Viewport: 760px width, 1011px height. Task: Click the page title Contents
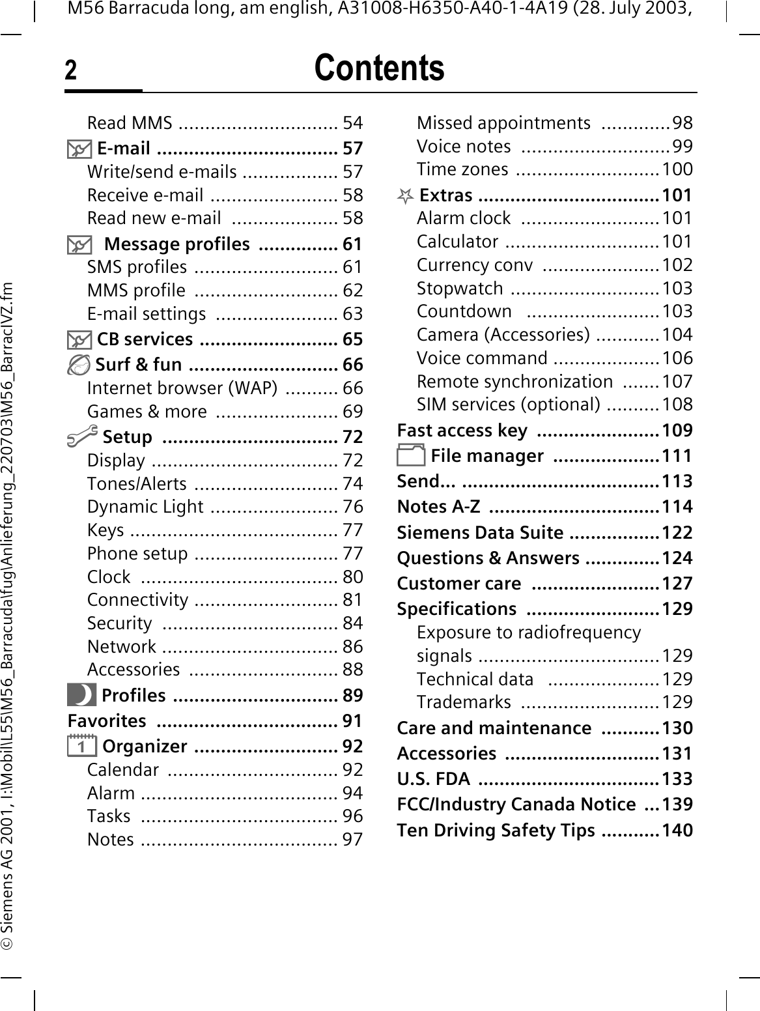[x=379, y=68]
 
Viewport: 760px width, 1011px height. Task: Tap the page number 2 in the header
[x=70, y=71]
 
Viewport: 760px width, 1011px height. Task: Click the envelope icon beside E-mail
[x=79, y=149]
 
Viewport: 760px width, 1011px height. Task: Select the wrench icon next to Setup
[x=83, y=434]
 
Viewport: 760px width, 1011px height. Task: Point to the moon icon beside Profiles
[x=81, y=695]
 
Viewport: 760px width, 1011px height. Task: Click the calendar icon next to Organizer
[x=82, y=746]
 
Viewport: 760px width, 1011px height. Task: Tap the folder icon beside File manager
[x=411, y=455]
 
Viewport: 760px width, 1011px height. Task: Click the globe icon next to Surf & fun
[x=79, y=365]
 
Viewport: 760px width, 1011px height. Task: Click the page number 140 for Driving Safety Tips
[x=677, y=831]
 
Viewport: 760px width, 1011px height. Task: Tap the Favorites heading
[x=107, y=721]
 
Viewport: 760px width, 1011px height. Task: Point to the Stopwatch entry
[x=460, y=288]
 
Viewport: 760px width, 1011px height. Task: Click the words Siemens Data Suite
[x=480, y=533]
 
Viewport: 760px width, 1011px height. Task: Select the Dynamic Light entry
[x=145, y=507]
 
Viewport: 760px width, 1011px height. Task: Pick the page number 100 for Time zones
[x=677, y=169]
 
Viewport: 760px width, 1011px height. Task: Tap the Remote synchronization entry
[x=514, y=381]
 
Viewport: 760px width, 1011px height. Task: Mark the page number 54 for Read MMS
[x=352, y=123]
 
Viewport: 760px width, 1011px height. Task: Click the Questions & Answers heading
[x=488, y=558]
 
